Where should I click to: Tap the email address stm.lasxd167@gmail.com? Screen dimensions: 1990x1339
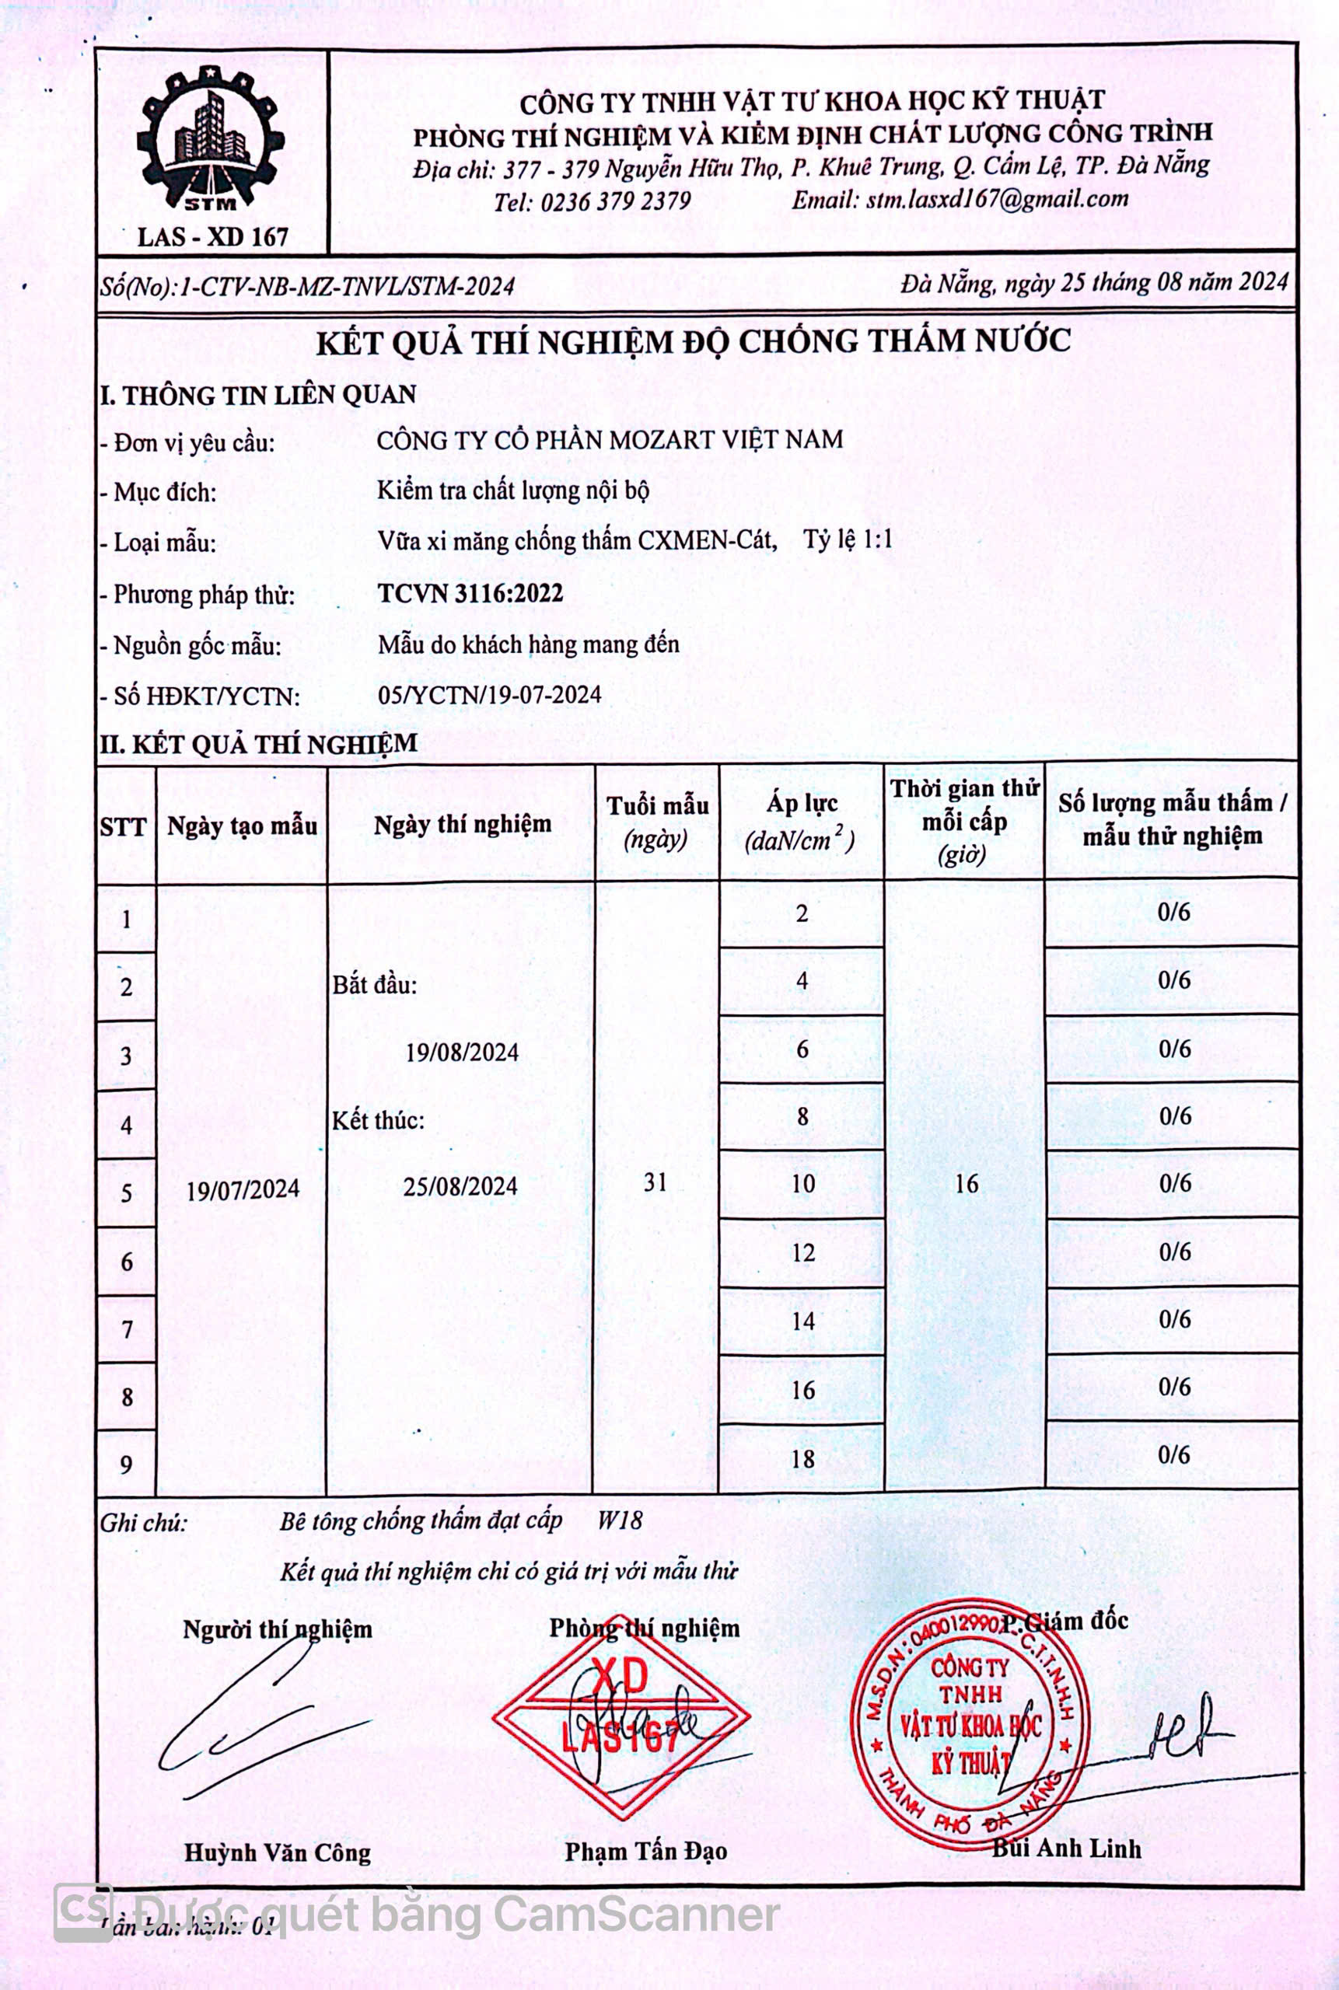coord(997,199)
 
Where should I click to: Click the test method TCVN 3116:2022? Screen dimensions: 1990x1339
coord(470,593)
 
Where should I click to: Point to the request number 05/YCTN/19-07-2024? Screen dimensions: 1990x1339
coord(489,694)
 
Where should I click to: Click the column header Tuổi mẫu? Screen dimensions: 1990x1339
coord(657,805)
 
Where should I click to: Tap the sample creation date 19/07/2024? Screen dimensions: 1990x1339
coord(243,1189)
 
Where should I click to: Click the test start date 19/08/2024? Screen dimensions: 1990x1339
coord(462,1052)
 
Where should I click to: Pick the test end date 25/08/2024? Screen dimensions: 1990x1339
coord(460,1185)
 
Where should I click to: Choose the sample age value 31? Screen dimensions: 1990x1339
coord(655,1182)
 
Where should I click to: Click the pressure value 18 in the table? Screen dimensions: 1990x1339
coord(802,1458)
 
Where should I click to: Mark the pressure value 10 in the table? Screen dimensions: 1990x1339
coord(802,1184)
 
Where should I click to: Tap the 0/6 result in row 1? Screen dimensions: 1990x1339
coord(1173,912)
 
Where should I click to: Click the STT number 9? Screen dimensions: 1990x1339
coord(127,1465)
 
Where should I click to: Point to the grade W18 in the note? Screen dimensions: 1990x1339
coord(619,1520)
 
